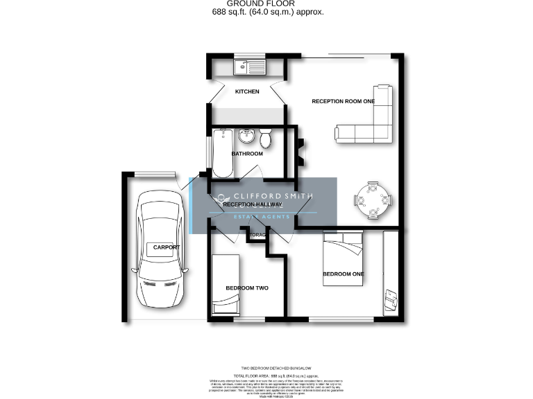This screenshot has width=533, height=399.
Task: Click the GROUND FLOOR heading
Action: click(x=266, y=3)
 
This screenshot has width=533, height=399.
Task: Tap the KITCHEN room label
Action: click(x=247, y=91)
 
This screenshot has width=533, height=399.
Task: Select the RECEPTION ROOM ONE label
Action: click(x=343, y=101)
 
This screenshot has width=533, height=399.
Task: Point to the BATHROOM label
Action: click(x=247, y=154)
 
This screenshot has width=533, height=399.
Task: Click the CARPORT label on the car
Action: click(x=167, y=247)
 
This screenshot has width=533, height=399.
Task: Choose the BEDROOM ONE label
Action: click(x=344, y=274)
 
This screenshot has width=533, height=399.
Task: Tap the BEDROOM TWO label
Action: click(x=246, y=288)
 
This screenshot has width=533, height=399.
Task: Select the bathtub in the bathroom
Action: click(x=223, y=152)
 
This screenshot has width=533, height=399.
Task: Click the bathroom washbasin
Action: click(x=246, y=135)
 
